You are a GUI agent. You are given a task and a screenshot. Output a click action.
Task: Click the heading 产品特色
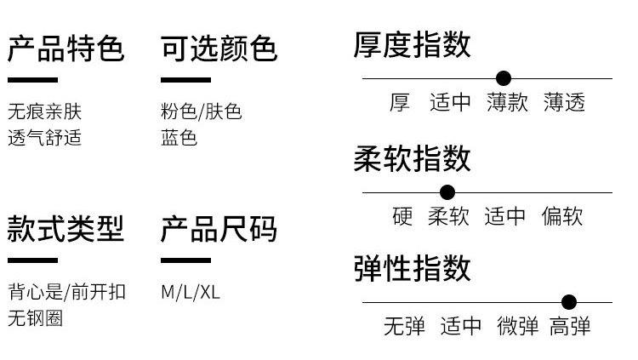click(x=66, y=49)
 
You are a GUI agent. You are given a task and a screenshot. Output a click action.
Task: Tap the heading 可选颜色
click(x=219, y=49)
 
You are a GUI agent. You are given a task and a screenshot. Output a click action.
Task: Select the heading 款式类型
click(x=66, y=228)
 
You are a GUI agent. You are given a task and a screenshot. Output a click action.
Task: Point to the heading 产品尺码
click(x=219, y=228)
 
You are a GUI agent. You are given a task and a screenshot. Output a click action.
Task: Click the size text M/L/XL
click(x=191, y=292)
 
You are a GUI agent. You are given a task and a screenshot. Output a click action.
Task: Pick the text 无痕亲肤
click(x=45, y=111)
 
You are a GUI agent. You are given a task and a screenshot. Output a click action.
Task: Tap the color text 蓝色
click(x=179, y=138)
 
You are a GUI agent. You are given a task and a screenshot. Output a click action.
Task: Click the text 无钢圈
click(x=35, y=318)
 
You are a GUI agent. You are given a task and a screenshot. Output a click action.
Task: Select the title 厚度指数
click(x=412, y=44)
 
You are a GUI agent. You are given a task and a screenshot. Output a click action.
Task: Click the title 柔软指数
click(x=412, y=158)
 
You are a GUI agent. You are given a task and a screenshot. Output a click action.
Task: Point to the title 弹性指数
click(x=412, y=268)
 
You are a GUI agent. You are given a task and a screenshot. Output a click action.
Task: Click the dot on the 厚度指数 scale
click(x=504, y=78)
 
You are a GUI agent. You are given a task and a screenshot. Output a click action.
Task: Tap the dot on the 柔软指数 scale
click(x=447, y=192)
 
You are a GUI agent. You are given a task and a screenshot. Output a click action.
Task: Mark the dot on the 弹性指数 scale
click(x=569, y=302)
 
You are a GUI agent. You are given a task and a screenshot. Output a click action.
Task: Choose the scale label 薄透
click(x=565, y=103)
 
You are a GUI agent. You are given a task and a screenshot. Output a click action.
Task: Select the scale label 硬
click(x=402, y=216)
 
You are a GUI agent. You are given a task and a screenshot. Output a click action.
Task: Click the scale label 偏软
click(x=562, y=216)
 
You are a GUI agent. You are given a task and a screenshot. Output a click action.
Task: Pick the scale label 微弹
click(x=518, y=326)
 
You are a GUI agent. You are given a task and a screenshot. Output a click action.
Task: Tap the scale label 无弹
click(x=404, y=326)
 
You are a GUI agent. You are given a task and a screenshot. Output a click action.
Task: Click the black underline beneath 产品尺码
click(x=185, y=260)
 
